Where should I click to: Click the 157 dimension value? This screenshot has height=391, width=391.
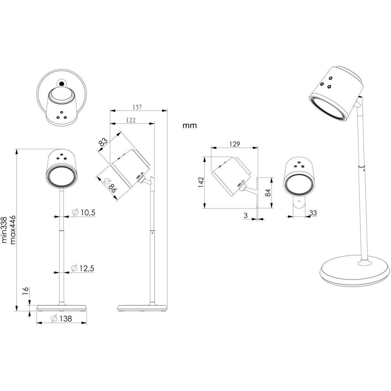point(137,107)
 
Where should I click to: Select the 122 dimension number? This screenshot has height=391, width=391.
point(131,120)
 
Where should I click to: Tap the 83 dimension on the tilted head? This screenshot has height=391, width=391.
point(103,142)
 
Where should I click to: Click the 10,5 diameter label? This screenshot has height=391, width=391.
point(84,212)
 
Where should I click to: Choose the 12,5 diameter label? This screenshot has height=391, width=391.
point(83,268)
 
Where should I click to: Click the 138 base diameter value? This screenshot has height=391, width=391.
point(62,319)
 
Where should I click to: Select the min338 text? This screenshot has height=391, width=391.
point(4,230)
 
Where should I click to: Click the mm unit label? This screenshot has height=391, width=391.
point(190,125)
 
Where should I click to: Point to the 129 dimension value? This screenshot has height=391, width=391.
point(235,144)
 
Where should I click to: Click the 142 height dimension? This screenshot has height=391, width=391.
point(201,182)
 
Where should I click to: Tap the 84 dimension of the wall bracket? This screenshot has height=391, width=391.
point(268,193)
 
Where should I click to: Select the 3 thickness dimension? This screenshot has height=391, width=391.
point(246,215)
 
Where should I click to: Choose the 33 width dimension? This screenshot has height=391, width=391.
point(313,213)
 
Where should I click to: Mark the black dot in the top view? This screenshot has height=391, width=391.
point(61,83)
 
